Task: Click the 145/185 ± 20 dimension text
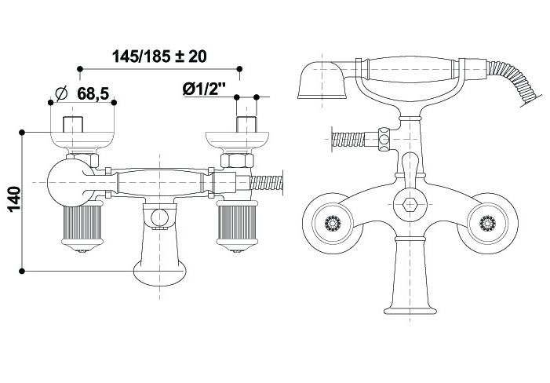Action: pos(159,57)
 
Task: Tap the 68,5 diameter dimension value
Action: pos(93,93)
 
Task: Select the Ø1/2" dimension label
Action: pos(203,89)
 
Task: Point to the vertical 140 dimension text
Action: pos(15,199)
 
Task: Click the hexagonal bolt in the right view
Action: pos(410,205)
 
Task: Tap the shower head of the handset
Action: pos(321,80)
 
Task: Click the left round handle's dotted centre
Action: pos(332,223)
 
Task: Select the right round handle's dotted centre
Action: pos(487,223)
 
